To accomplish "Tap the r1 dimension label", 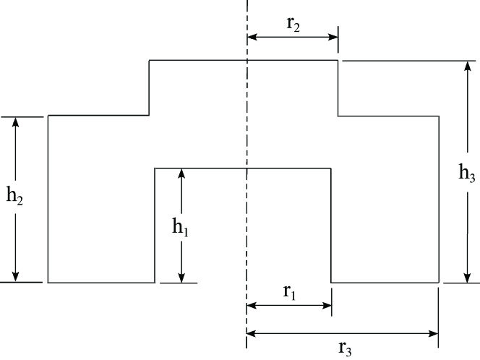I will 289,292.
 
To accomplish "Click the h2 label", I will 15,197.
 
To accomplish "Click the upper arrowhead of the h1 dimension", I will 181,173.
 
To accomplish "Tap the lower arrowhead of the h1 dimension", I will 181,278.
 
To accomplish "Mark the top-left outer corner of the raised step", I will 149,61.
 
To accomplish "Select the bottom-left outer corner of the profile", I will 48,282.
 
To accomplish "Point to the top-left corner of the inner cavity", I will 155,168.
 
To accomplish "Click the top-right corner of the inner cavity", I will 331,168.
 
